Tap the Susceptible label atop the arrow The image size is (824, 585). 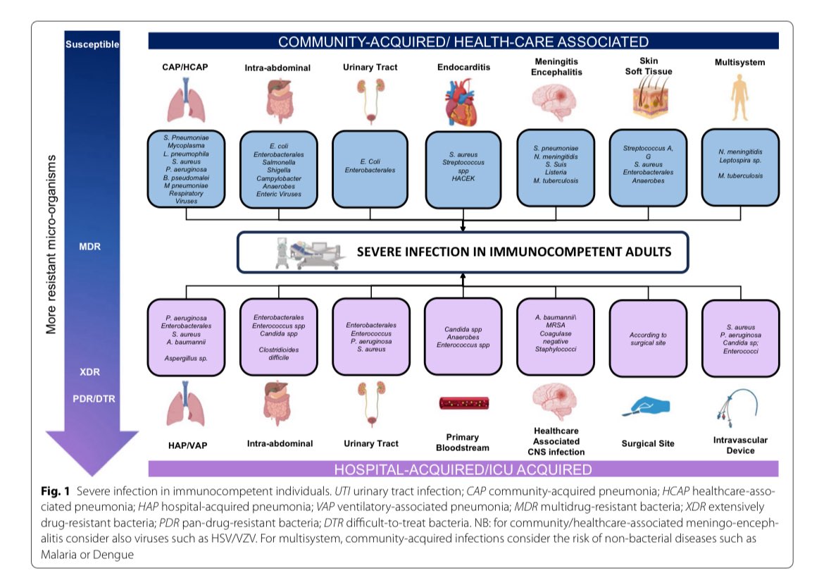tap(92, 44)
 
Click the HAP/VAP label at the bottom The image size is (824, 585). tap(186, 444)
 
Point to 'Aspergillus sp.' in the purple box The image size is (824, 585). tap(186, 358)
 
